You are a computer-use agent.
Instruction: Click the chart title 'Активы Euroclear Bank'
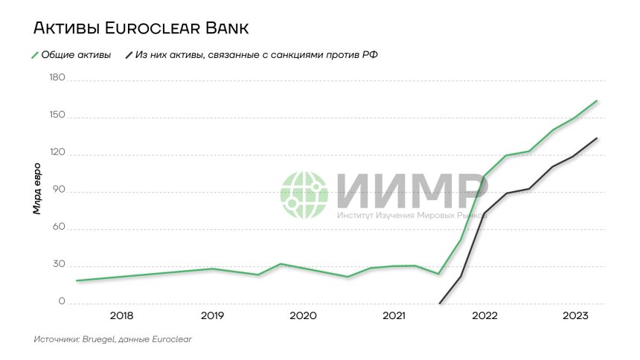(140, 29)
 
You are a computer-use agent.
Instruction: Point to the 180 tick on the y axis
(57, 79)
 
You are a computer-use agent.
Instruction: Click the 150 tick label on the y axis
(57, 117)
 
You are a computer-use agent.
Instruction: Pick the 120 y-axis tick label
(57, 154)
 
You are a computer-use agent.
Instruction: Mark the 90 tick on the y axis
(58, 191)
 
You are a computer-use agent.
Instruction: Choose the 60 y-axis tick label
(58, 228)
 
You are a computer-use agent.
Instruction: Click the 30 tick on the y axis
(58, 266)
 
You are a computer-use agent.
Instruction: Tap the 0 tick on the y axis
(61, 303)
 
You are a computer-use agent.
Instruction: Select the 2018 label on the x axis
(121, 316)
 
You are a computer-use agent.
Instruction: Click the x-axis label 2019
(212, 316)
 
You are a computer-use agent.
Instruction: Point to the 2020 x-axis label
(303, 316)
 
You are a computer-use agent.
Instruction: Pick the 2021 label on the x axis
(394, 316)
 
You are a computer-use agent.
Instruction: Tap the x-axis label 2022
(484, 316)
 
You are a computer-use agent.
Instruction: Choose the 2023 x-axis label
(575, 316)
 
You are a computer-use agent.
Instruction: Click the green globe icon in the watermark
(304, 196)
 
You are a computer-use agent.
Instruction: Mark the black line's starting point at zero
(440, 303)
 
